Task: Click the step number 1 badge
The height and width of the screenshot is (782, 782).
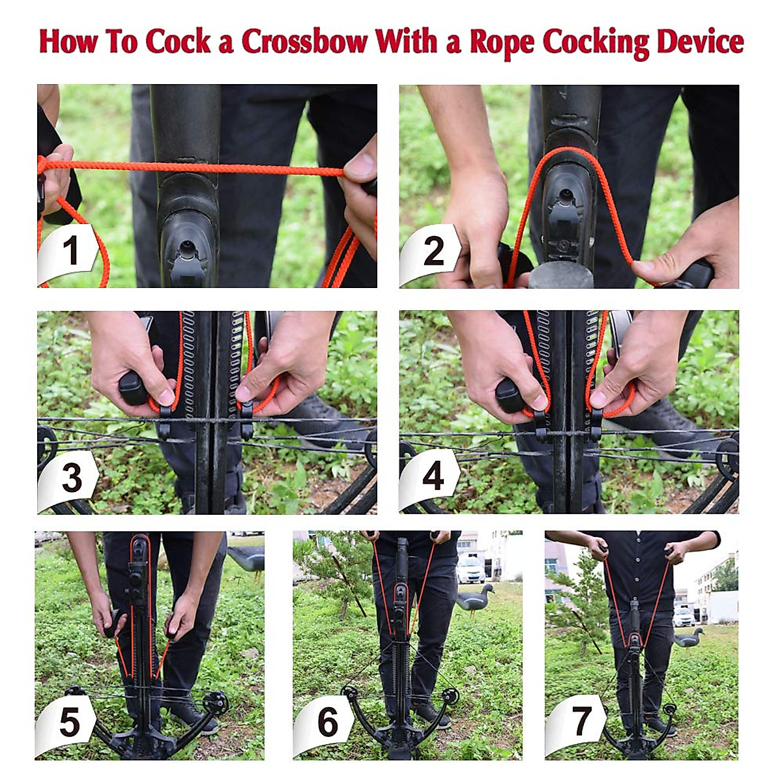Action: [x=70, y=252]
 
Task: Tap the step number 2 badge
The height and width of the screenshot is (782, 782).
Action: [x=433, y=252]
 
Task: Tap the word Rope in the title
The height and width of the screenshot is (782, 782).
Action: [x=502, y=42]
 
